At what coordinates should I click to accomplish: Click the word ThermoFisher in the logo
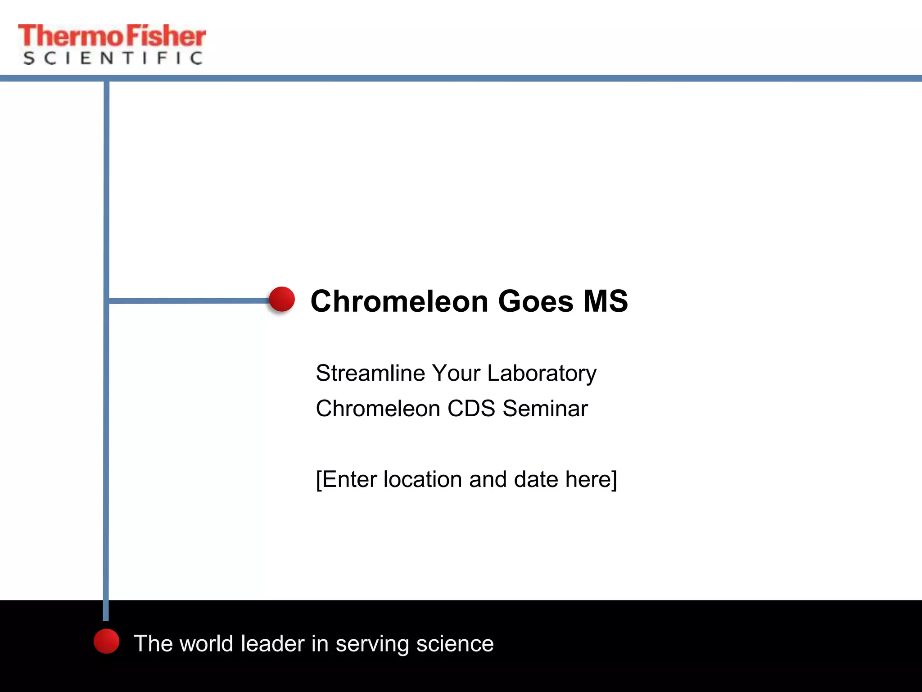(x=112, y=36)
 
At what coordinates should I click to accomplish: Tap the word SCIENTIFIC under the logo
(x=113, y=58)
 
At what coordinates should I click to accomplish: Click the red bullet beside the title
(x=282, y=299)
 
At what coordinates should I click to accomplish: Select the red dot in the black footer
(x=107, y=641)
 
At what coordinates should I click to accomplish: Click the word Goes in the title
(x=536, y=301)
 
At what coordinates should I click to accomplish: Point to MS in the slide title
(x=606, y=301)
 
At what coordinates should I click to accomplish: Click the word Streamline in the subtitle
(x=370, y=373)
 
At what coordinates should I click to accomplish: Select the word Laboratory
(x=542, y=374)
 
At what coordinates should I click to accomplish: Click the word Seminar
(x=545, y=409)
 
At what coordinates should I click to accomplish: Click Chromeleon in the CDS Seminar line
(x=378, y=409)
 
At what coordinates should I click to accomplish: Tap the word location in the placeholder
(x=423, y=479)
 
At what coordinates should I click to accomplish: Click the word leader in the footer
(x=272, y=643)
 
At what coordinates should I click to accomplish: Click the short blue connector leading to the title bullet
(x=189, y=300)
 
